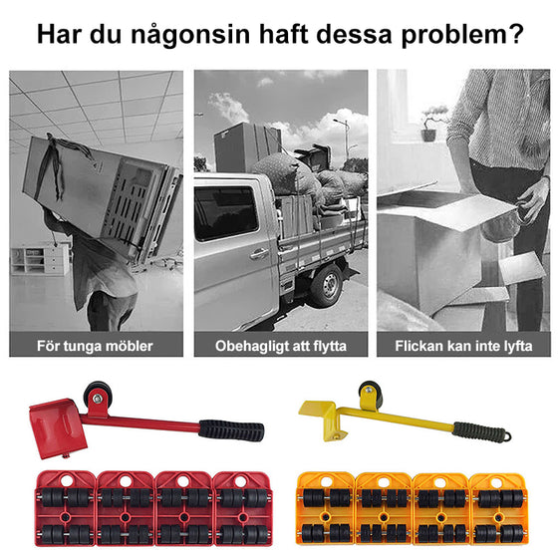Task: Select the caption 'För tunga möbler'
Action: click(95, 346)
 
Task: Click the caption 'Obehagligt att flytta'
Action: click(280, 346)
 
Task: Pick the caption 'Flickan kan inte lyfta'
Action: click(463, 346)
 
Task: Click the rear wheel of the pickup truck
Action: click(325, 284)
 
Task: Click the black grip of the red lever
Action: click(231, 430)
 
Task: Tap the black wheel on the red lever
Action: click(97, 393)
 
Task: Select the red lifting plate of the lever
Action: click(54, 422)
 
